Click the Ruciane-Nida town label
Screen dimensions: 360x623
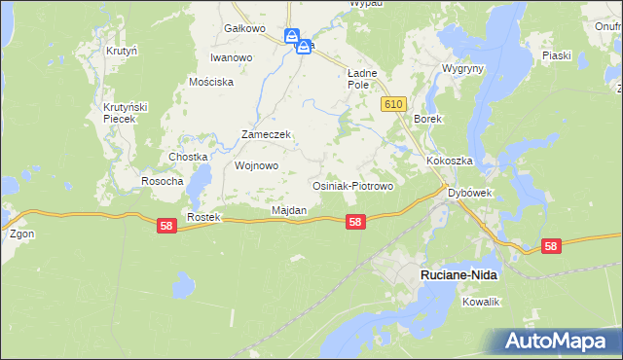coord(458,275)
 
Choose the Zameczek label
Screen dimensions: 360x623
coord(267,135)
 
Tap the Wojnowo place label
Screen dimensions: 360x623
coord(257,165)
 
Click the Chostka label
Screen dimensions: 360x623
coord(189,157)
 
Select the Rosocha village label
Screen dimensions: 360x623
coord(163,182)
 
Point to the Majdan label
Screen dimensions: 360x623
coord(289,210)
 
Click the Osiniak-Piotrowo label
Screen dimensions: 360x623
coord(351,185)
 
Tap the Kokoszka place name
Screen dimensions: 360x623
coord(448,161)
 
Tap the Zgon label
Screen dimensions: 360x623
coord(20,234)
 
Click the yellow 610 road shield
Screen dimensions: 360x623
coord(393,104)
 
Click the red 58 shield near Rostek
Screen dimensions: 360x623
coord(166,225)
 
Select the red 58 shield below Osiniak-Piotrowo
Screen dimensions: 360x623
coord(355,222)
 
